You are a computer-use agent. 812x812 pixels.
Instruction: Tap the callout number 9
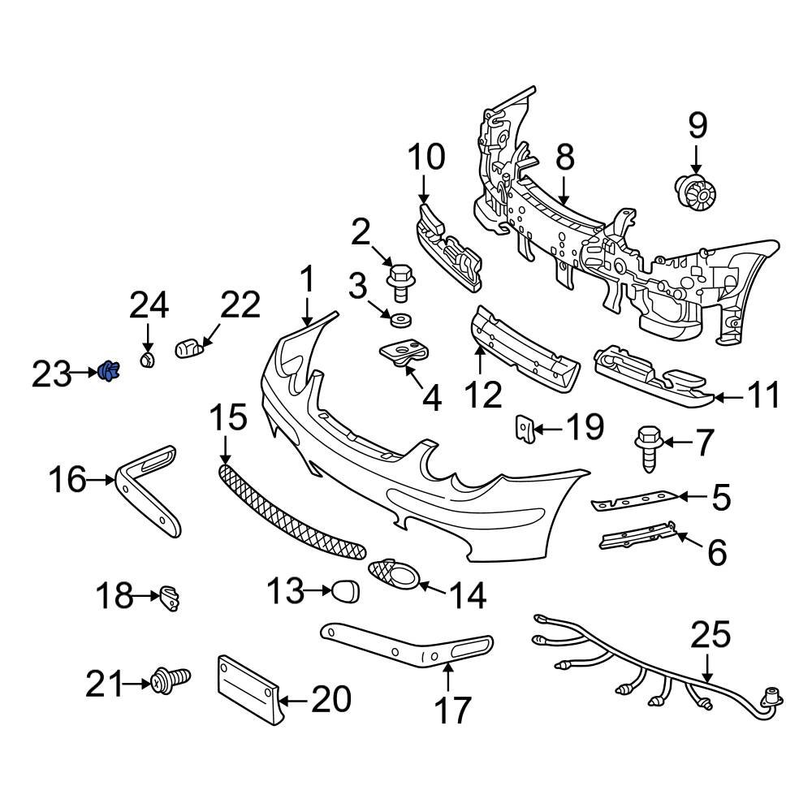[698, 126]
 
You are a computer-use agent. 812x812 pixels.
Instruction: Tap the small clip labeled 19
[525, 427]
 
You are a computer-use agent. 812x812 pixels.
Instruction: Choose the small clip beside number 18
[170, 598]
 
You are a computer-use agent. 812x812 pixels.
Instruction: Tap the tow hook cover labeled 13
[345, 591]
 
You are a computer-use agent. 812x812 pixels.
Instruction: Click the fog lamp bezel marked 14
[395, 577]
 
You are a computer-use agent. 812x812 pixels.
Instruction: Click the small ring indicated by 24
[147, 359]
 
